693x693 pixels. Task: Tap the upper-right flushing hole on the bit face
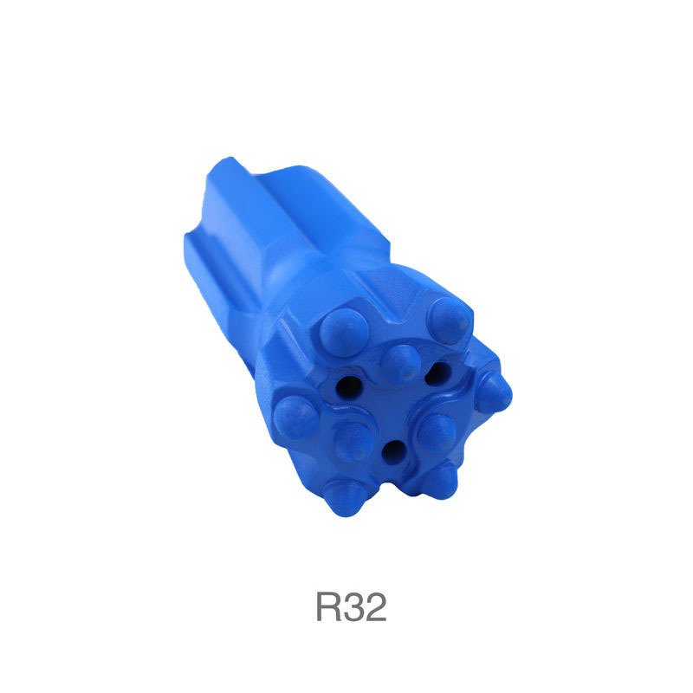[437, 372]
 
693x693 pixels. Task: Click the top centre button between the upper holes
[401, 363]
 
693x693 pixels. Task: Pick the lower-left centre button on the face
[353, 442]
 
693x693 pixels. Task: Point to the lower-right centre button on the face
[437, 431]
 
